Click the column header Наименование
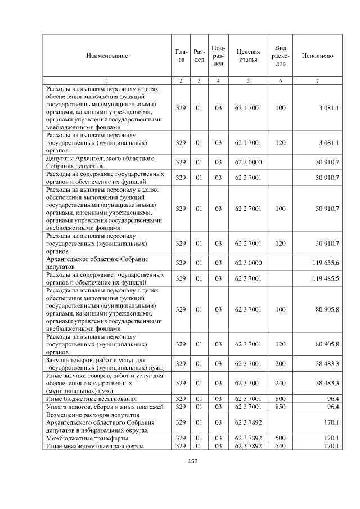click(107, 56)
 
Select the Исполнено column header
click(317, 56)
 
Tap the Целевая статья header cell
click(248, 56)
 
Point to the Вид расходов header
click(281, 56)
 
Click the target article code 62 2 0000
click(248, 162)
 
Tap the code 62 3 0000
click(248, 263)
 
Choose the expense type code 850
click(281, 406)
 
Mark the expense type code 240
click(281, 383)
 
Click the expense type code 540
click(281, 446)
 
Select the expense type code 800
click(281, 399)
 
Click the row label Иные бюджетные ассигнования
click(85, 399)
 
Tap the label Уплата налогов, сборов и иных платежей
click(104, 406)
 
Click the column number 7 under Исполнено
click(317, 81)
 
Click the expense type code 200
click(281, 364)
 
